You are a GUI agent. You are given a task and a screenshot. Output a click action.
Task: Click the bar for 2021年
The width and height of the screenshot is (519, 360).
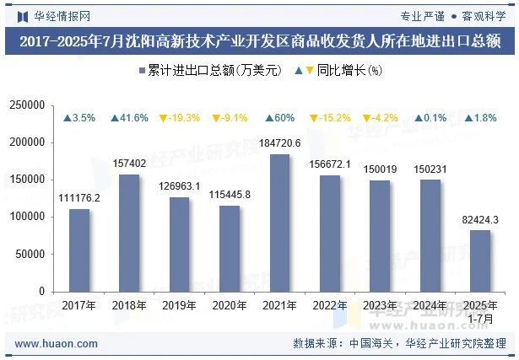click(279, 223)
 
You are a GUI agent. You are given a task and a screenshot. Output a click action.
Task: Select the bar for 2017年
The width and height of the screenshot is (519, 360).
click(79, 250)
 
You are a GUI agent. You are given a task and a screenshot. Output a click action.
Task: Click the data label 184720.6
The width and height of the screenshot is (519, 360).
click(279, 143)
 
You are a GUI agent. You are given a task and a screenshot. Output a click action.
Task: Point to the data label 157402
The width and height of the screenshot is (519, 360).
click(129, 164)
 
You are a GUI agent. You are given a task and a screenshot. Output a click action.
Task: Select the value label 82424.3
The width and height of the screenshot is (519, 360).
click(479, 219)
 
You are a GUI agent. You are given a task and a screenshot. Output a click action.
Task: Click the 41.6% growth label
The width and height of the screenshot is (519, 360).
click(129, 118)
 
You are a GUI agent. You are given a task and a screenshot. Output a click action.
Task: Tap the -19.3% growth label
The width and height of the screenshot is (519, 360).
click(179, 118)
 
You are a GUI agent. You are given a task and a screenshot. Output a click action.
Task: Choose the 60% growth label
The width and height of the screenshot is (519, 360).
click(279, 118)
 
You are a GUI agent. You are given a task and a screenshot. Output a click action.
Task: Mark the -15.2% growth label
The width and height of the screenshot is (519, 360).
click(329, 118)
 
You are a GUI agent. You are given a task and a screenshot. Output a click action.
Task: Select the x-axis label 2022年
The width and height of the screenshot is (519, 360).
click(329, 304)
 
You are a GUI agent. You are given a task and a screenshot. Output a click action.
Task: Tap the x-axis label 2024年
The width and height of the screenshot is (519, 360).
click(430, 304)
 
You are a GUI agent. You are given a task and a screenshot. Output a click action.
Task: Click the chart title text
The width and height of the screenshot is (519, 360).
click(259, 40)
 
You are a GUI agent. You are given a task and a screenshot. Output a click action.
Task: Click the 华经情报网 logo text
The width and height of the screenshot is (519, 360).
click(56, 15)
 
